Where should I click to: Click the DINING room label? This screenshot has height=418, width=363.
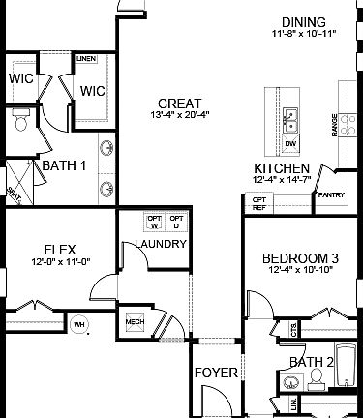[x=303, y=22]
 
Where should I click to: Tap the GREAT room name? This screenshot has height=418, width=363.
[x=181, y=104]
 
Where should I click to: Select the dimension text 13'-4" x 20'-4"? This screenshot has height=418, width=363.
[x=182, y=117]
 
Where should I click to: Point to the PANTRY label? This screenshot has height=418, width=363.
[x=329, y=194]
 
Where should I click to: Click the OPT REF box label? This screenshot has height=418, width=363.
[x=259, y=203]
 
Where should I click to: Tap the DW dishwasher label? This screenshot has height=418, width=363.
[x=290, y=144]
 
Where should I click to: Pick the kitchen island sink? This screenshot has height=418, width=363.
[x=290, y=119]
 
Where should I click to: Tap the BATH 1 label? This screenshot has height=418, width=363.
[x=64, y=165]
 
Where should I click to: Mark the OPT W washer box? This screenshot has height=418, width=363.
[x=154, y=223]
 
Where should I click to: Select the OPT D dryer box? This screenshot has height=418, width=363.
[x=176, y=223]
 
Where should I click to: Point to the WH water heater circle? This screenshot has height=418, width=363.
[x=80, y=323]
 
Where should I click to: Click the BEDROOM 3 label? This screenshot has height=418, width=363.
[x=300, y=258]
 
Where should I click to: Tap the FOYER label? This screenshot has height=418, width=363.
[x=216, y=373]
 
